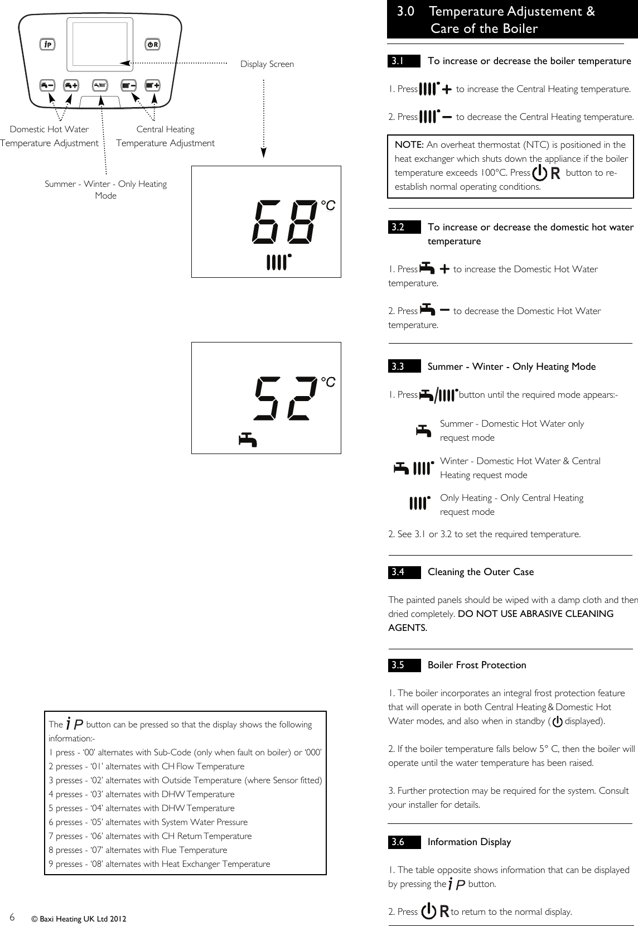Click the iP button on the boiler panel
click(x=47, y=44)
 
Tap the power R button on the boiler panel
click(x=152, y=44)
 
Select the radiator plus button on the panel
click(x=152, y=86)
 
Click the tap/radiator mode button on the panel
click(x=100, y=86)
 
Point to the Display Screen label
click(x=267, y=64)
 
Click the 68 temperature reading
click(x=283, y=222)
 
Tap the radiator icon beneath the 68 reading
click(x=279, y=262)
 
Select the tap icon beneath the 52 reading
click(x=248, y=440)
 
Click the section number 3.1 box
click(x=404, y=61)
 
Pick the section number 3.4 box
click(x=404, y=572)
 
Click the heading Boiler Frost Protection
click(x=476, y=665)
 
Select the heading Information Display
click(x=468, y=842)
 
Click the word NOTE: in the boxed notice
click(x=409, y=145)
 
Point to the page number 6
click(x=12, y=917)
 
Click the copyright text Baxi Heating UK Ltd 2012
click(x=79, y=918)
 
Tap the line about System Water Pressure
click(x=148, y=822)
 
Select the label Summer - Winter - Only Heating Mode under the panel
click(x=105, y=190)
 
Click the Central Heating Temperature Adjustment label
click(x=165, y=136)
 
